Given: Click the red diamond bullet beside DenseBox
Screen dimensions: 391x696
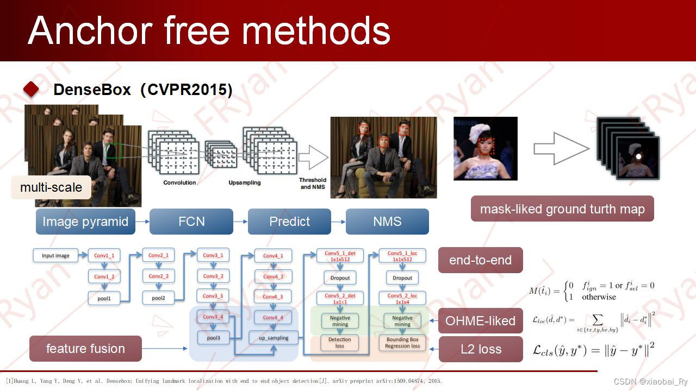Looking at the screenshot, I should (x=31, y=90).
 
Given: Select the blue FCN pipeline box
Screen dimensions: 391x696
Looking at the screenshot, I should (x=191, y=222).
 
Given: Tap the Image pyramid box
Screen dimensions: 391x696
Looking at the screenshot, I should (x=85, y=222).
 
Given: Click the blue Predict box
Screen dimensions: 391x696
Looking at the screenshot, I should (x=289, y=222).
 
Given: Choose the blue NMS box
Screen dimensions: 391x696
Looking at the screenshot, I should (x=387, y=222).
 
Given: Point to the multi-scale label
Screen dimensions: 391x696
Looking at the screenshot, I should (x=51, y=187).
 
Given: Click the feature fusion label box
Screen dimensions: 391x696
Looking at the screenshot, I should (x=85, y=349).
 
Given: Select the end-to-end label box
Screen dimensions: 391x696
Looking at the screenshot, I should (x=480, y=260).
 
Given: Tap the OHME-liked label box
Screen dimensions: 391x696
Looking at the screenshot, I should (x=480, y=321).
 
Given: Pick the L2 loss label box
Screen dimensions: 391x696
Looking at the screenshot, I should (x=481, y=349).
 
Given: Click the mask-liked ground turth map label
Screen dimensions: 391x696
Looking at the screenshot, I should (x=562, y=209).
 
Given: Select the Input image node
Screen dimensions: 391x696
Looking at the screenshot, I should (x=55, y=255).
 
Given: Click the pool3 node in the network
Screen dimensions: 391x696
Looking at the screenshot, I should (x=214, y=337).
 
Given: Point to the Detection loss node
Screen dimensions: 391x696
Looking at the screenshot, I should (x=340, y=343).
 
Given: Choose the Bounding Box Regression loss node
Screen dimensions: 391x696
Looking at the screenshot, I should (x=402, y=343).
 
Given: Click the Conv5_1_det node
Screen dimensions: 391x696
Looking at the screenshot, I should (x=340, y=256).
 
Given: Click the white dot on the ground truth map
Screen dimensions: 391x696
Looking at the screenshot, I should (x=638, y=157).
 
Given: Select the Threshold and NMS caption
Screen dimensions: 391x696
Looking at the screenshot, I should (x=313, y=184).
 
